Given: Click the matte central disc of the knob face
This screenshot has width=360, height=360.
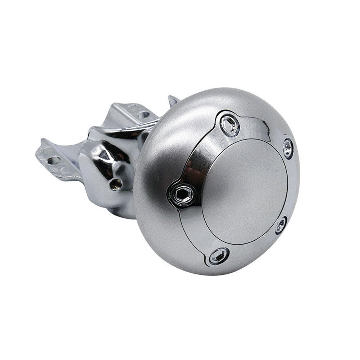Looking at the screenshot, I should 245,191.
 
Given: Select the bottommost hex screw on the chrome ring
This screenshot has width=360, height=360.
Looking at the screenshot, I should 219,256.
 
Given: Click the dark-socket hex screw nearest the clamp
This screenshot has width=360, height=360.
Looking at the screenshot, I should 182,195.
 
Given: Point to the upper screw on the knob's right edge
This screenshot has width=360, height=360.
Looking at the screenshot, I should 288,148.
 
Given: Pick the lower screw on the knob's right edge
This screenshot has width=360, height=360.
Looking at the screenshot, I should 281,225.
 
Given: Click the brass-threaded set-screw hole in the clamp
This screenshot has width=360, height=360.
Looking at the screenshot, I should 115,184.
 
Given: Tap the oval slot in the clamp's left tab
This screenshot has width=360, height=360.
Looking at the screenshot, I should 53,160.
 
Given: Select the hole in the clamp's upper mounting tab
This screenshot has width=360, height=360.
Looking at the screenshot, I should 143,115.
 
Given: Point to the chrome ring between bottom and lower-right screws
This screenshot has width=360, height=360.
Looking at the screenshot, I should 252,248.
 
